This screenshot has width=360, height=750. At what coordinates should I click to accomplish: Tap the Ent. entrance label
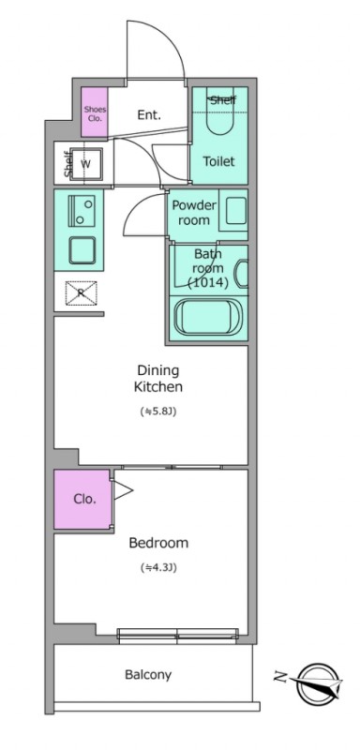coord(149,114)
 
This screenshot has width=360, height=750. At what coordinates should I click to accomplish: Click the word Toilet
coord(219,161)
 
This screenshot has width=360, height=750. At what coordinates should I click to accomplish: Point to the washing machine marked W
coord(86,164)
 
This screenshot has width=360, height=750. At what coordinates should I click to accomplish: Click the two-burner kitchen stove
coord(82,210)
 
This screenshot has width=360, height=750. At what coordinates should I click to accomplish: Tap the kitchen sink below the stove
coord(82,250)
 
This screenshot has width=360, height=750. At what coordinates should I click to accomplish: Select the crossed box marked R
coord(81,293)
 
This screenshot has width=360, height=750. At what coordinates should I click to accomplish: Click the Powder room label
coord(194,213)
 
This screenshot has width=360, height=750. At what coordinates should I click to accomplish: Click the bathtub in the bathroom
coord(208,317)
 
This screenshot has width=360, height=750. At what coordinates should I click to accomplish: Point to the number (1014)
coord(206,283)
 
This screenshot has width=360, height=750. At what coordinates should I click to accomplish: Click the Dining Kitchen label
coord(158,379)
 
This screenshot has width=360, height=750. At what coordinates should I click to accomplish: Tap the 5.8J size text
coord(158,411)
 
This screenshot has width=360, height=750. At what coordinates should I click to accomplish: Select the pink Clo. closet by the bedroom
coord(82,500)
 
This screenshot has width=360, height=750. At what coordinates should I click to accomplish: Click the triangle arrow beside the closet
coord(122,490)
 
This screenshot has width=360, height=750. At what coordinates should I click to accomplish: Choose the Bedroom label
coord(158,543)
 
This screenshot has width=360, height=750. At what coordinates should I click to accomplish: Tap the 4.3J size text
coord(159,568)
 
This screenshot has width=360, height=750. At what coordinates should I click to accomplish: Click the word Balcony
coord(148,675)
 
